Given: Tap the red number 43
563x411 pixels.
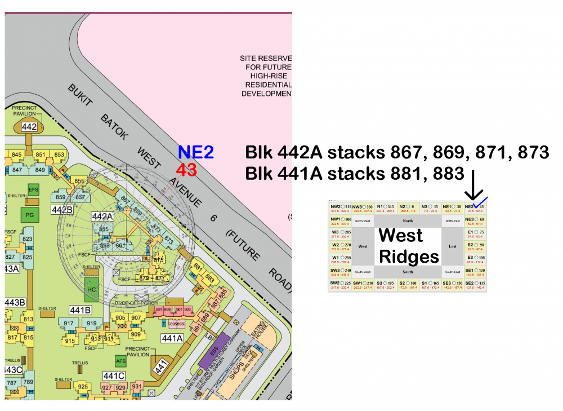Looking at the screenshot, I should coord(186,169).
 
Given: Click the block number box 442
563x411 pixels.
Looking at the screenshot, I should coord(29,127).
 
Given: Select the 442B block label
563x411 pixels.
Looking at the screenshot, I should coord(62,210).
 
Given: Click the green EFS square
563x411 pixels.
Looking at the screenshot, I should coord(34,189).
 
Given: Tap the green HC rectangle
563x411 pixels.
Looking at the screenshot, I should coord(92,289).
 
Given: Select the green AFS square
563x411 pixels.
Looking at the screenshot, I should coord(120,361).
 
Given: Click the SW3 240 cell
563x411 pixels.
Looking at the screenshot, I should coord(341,272).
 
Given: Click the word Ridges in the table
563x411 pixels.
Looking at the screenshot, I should coord(409,256).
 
